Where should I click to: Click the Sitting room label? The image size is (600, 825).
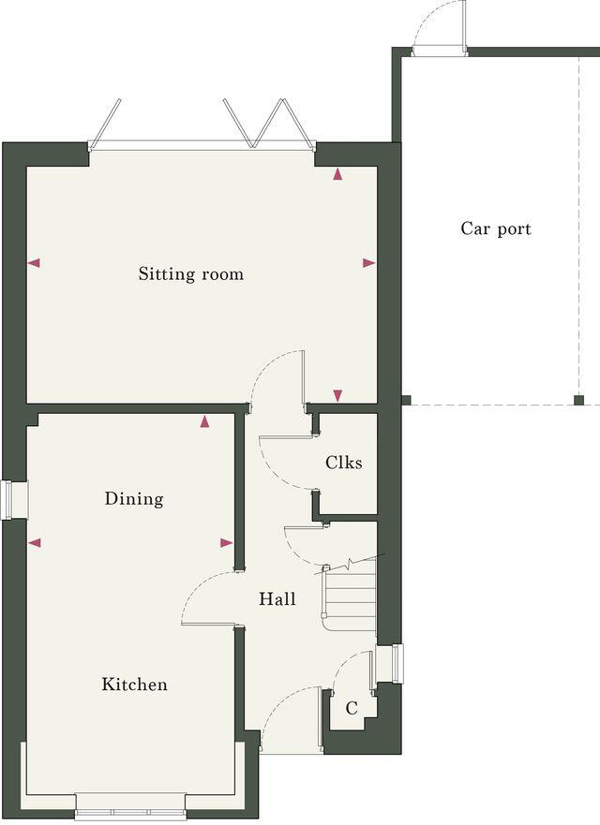point(191,274)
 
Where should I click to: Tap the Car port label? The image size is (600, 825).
point(496,228)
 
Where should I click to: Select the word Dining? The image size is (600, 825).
point(134,499)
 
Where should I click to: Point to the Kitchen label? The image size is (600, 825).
point(135,685)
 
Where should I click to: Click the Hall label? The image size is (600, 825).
point(277,598)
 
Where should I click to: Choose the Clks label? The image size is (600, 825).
point(344,463)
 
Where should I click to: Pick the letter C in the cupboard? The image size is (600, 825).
point(352,709)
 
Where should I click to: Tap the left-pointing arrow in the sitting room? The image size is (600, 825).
point(35,263)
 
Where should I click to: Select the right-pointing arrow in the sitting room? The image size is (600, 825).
point(368,263)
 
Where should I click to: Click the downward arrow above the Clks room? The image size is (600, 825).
point(338,395)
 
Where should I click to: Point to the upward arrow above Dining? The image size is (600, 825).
point(205,422)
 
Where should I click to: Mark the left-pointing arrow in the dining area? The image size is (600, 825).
point(35,542)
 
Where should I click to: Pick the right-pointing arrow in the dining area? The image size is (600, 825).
point(226,542)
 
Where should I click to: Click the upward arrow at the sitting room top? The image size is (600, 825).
point(337,174)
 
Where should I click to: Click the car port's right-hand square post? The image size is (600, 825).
point(578,401)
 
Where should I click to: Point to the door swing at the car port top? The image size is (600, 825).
point(438,28)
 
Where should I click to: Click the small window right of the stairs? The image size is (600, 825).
point(397,663)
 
